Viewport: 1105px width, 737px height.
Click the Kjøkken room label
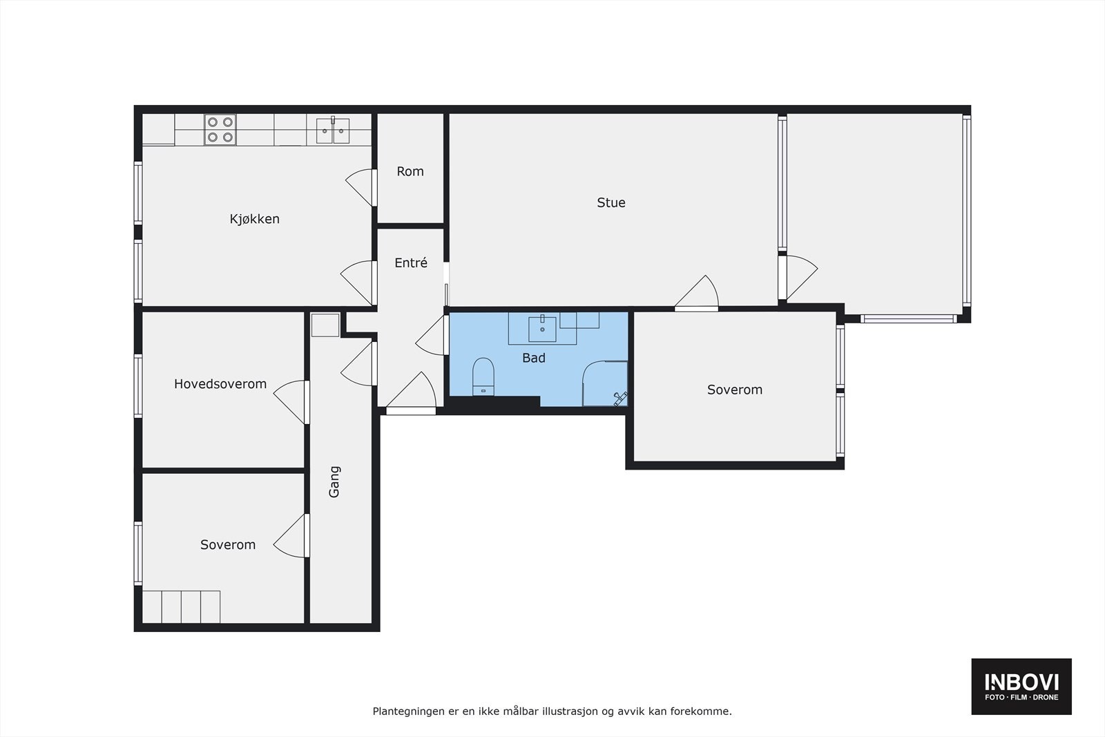(x=254, y=219)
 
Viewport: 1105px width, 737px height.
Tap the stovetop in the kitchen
(x=220, y=130)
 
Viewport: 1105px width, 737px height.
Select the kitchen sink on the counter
(x=333, y=131)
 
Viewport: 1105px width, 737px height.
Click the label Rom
(x=410, y=171)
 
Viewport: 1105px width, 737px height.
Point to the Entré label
(x=411, y=263)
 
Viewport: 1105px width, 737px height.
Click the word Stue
(x=611, y=202)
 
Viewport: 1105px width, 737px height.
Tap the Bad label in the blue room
(x=534, y=358)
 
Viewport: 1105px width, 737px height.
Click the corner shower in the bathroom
(x=606, y=383)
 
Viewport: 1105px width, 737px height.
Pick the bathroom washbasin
(x=543, y=329)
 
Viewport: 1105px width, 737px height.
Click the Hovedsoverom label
(x=220, y=384)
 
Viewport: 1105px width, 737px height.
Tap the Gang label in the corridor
(x=334, y=482)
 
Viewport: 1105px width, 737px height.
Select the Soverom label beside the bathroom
(x=735, y=390)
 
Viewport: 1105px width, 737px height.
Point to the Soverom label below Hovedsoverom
(x=228, y=545)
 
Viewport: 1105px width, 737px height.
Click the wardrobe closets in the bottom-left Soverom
(x=182, y=606)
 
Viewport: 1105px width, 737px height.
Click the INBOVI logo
(x=1021, y=687)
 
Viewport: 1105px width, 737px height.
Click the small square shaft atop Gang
(x=325, y=325)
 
